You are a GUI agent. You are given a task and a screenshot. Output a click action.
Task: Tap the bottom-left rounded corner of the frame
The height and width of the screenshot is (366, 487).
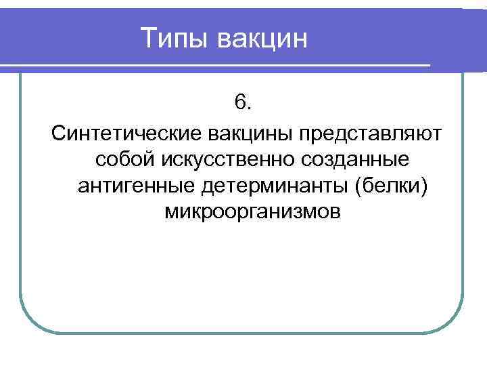tap(30, 322)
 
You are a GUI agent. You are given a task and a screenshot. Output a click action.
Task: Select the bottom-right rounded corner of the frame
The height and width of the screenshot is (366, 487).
tap(453, 322)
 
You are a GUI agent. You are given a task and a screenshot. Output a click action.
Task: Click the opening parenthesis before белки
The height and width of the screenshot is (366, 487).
tap(358, 186)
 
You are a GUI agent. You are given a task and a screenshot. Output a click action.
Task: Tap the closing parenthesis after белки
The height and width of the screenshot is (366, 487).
tap(425, 186)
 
